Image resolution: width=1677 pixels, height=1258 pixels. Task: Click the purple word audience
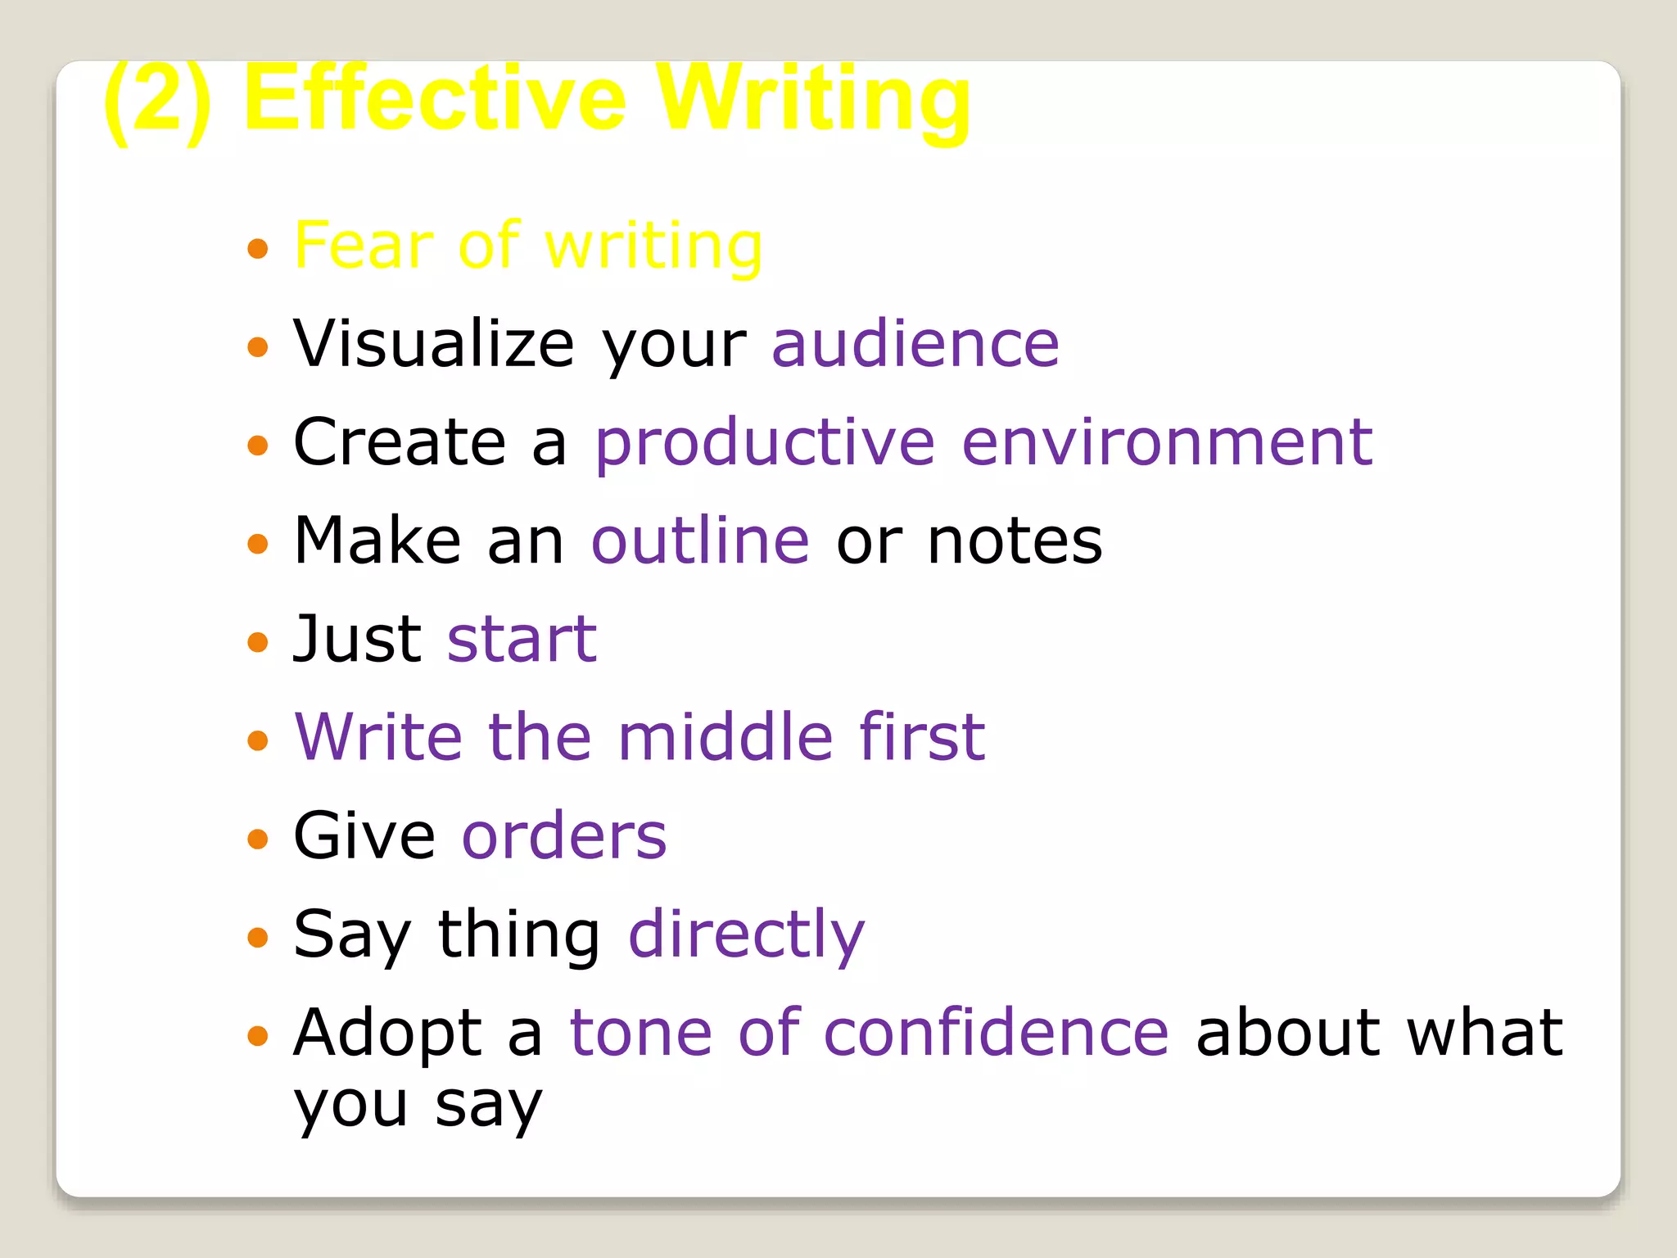pyautogui.click(x=915, y=343)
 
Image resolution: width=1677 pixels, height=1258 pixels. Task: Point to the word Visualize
pyautogui.click(x=434, y=343)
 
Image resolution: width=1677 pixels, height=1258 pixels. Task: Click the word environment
pyautogui.click(x=1167, y=442)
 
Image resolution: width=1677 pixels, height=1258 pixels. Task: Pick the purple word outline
pyautogui.click(x=700, y=541)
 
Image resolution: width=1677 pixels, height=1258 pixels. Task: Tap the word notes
pyautogui.click(x=1015, y=541)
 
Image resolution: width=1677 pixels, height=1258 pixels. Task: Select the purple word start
pyautogui.click(x=522, y=639)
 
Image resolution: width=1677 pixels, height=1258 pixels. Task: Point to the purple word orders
pyautogui.click(x=564, y=835)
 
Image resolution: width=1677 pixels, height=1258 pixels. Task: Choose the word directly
pyautogui.click(x=746, y=934)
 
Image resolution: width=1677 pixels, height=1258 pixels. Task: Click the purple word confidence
pyautogui.click(x=996, y=1032)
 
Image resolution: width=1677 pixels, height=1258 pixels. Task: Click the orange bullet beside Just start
pyautogui.click(x=258, y=641)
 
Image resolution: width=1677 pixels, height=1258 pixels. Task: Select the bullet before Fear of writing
pyautogui.click(x=258, y=248)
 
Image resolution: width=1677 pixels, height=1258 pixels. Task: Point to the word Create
pyautogui.click(x=400, y=442)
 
